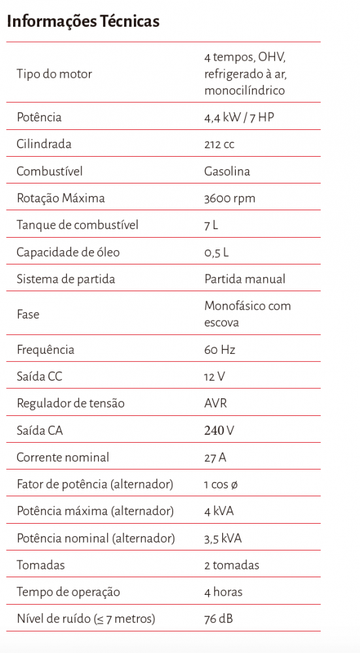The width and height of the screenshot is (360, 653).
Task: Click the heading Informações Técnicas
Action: click(83, 22)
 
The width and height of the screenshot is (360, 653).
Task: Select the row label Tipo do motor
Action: click(54, 74)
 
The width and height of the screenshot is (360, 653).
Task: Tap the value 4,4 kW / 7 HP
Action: click(239, 118)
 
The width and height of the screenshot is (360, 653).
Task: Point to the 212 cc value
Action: click(219, 144)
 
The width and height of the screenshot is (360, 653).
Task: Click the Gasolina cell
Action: click(227, 172)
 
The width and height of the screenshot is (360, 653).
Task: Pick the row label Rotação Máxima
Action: click(60, 199)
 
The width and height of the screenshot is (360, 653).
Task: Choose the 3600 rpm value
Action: click(229, 199)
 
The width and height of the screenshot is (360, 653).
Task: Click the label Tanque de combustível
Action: click(77, 225)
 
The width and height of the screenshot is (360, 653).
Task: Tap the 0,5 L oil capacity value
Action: click(216, 253)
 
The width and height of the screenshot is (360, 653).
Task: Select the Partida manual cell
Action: click(244, 279)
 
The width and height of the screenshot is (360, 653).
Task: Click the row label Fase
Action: click(28, 314)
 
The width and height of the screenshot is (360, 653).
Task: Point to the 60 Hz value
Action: click(220, 349)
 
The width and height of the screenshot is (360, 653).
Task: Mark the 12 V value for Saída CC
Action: click(215, 377)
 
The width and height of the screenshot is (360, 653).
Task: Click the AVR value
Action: click(216, 404)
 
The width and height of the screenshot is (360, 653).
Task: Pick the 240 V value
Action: click(219, 431)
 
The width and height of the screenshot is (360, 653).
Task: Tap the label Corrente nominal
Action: click(63, 458)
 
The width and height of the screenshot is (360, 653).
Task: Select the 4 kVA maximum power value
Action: click(220, 511)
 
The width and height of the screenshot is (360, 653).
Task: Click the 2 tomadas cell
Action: click(231, 565)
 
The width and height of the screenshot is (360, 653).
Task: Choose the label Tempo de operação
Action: click(68, 592)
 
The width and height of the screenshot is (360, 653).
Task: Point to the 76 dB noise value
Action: click(219, 619)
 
